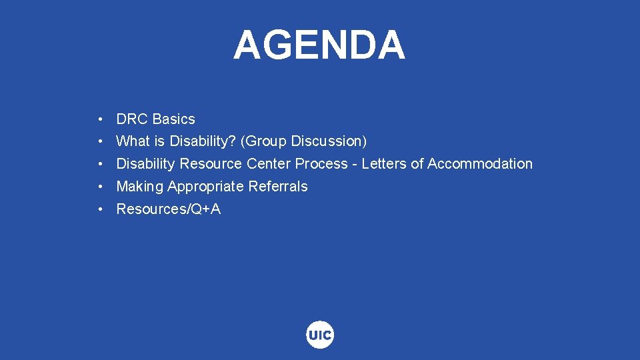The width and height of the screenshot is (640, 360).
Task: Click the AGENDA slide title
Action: point(319,45)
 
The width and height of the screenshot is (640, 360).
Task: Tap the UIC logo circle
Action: point(320,335)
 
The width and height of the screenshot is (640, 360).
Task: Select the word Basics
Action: point(174,119)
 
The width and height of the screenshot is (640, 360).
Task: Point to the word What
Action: point(133,141)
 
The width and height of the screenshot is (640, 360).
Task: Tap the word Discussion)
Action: point(329,141)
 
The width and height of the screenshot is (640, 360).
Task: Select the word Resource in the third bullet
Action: point(211,164)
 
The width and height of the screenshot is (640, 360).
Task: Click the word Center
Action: point(269,164)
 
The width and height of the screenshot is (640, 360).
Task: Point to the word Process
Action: point(321,164)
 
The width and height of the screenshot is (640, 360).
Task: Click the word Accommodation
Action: point(480,164)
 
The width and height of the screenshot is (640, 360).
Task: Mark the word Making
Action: point(140,187)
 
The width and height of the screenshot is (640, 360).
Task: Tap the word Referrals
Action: point(278,187)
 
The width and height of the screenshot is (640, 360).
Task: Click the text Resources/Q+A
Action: point(169,209)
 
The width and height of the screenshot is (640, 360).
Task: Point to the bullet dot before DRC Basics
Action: point(99,120)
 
